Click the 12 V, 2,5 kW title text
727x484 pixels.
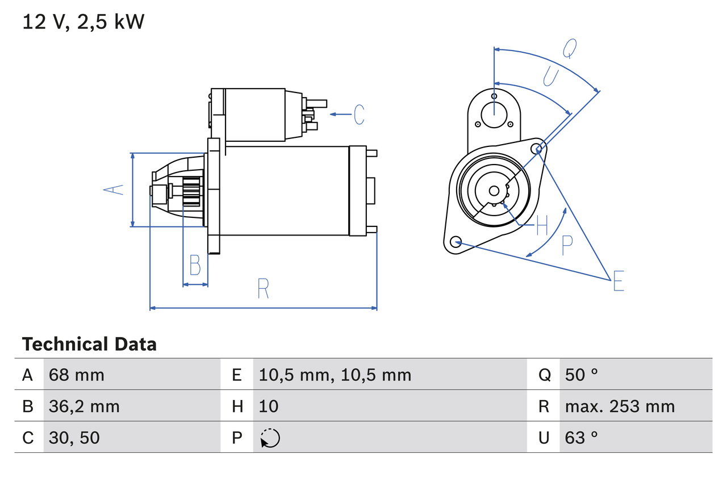tap(83, 22)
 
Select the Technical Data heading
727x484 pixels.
tap(89, 344)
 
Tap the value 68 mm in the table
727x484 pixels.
tap(77, 374)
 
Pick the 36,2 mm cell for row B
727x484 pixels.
tap(84, 406)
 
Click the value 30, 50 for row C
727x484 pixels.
tap(74, 437)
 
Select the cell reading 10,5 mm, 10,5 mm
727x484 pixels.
tap(335, 374)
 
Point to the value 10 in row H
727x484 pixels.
tap(269, 406)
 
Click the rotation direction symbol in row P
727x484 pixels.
tap(270, 438)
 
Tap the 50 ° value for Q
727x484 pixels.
tap(582, 374)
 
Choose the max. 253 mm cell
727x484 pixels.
tap(620, 406)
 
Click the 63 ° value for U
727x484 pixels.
tap(582, 437)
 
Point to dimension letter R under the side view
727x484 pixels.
tap(262, 289)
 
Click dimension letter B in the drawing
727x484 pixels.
tap(195, 265)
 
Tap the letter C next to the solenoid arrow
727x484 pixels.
tap(358, 115)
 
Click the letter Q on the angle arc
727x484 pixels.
tap(570, 49)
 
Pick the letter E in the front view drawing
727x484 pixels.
tap(619, 281)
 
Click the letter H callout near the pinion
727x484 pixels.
tap(542, 226)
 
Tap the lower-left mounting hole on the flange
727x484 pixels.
tap(455, 242)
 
